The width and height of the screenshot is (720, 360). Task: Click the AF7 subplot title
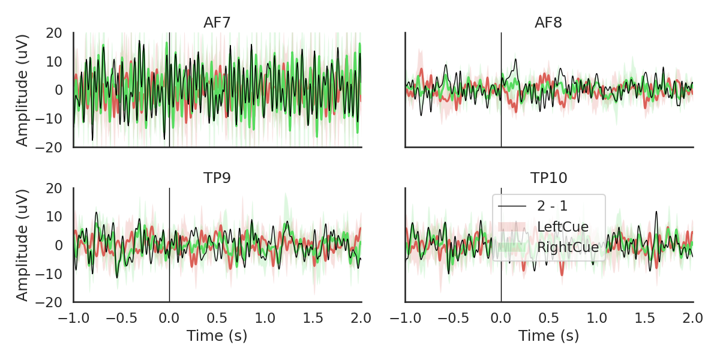click(x=217, y=23)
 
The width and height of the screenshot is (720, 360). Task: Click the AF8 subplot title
click(x=548, y=23)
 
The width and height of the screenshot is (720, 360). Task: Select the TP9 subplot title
click(x=217, y=178)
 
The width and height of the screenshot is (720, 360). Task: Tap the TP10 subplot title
click(x=548, y=178)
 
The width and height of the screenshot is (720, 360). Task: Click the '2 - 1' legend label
click(x=553, y=206)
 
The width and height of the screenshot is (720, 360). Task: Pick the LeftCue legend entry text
click(x=563, y=227)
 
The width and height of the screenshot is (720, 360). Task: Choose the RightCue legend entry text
click(x=568, y=247)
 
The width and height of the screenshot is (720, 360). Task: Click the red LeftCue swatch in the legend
click(x=512, y=227)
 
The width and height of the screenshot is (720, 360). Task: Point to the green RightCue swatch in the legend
click(x=512, y=247)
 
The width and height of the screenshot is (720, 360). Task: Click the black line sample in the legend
click(x=512, y=206)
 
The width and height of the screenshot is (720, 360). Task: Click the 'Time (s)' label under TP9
click(x=217, y=336)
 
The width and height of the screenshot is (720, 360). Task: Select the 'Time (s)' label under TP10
click(x=549, y=336)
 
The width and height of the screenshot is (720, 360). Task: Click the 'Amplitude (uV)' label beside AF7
click(x=22, y=90)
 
